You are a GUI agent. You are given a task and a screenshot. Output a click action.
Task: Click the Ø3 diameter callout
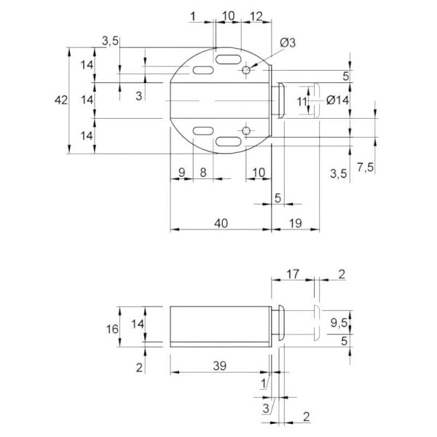tap(288, 43)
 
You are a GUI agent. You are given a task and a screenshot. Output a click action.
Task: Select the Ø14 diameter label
tap(337, 100)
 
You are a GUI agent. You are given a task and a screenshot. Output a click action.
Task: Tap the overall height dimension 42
tap(61, 100)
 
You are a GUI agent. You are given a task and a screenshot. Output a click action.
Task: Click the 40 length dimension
tap(221, 224)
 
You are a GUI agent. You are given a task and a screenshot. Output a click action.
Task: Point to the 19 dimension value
tap(296, 224)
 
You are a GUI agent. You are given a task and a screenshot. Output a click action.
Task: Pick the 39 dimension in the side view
tap(220, 366)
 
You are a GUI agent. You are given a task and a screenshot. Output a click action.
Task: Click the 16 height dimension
tap(112, 329)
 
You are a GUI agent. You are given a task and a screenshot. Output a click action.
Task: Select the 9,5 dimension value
tap(339, 323)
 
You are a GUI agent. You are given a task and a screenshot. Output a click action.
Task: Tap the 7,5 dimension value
tap(365, 168)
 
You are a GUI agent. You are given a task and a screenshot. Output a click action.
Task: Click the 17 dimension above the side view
tap(293, 274)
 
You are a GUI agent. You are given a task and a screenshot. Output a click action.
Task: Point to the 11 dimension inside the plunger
tap(302, 102)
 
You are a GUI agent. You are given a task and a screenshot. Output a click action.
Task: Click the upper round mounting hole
tap(246, 70)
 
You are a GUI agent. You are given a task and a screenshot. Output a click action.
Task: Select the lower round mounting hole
tap(246, 130)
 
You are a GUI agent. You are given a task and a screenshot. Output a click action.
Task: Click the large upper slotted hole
tap(228, 60)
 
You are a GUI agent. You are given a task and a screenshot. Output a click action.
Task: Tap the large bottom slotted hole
tap(228, 141)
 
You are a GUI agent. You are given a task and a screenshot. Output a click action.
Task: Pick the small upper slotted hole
tap(203, 70)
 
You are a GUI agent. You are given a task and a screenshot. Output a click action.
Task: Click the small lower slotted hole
tap(203, 130)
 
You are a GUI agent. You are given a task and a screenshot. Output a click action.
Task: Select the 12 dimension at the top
tap(256, 17)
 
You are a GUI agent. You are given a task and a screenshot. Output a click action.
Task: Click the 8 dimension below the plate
tap(203, 173)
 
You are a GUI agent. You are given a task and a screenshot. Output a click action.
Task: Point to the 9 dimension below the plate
tap(181, 173)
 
